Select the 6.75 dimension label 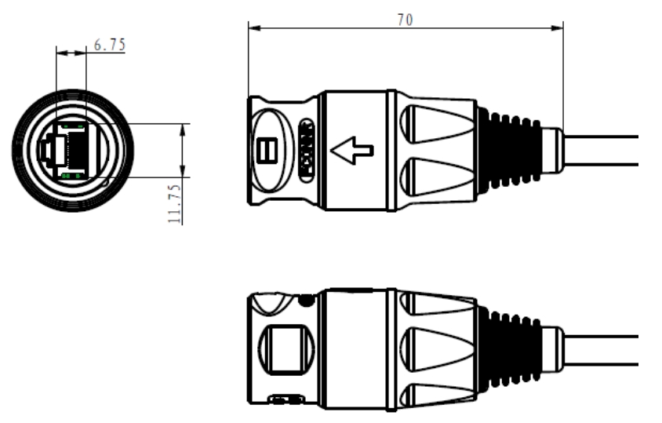pyautogui.click(x=109, y=46)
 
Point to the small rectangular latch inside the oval pyautogui.click(x=265, y=149)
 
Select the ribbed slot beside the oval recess pyautogui.click(x=307, y=148)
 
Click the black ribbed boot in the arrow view pyautogui.click(x=508, y=150)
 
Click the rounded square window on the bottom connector pyautogui.click(x=283, y=345)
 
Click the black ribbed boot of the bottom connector pyautogui.click(x=508, y=345)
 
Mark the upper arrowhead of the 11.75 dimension pyautogui.click(x=183, y=127)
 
